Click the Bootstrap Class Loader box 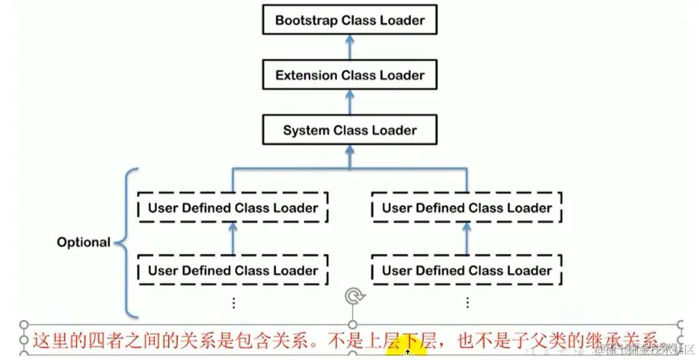pyautogui.click(x=349, y=20)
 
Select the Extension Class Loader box pyautogui.click(x=349, y=76)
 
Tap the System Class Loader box pyautogui.click(x=349, y=131)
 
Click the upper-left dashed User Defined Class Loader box pyautogui.click(x=233, y=207)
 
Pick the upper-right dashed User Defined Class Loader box pyautogui.click(x=467, y=207)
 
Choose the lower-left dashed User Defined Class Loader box pyautogui.click(x=233, y=271)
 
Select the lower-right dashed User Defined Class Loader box pyautogui.click(x=467, y=271)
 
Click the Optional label pyautogui.click(x=83, y=242)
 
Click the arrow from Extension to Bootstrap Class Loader pyautogui.click(x=350, y=47)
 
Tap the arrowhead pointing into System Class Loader pyautogui.click(x=350, y=152)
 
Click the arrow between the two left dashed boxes pyautogui.click(x=233, y=239)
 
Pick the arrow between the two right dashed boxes pyautogui.click(x=467, y=239)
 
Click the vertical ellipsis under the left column pyautogui.click(x=234, y=303)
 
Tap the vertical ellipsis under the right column pyautogui.click(x=468, y=303)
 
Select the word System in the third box pyautogui.click(x=306, y=131)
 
